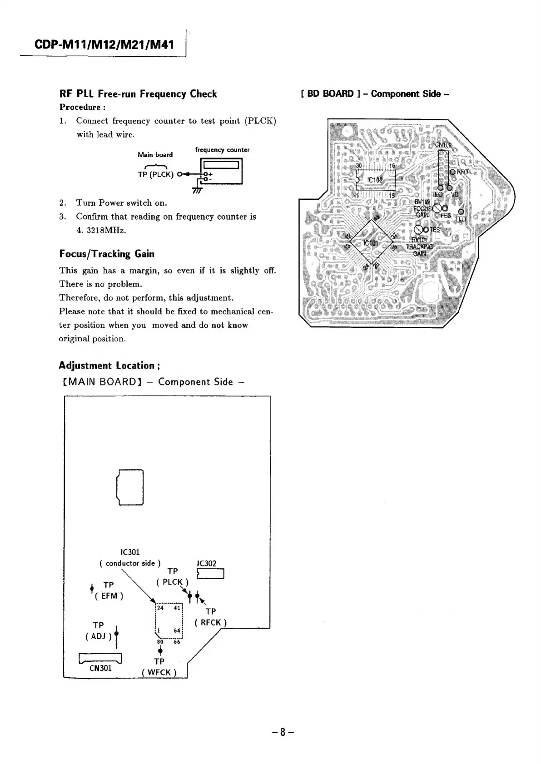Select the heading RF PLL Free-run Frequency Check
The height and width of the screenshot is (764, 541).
138,94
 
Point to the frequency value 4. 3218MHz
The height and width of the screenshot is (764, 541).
101,230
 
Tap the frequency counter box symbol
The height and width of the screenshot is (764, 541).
221,171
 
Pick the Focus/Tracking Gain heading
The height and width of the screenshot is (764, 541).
107,254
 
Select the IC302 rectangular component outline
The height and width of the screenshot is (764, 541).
210,574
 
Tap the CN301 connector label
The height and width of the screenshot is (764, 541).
100,668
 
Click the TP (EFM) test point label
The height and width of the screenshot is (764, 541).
109,590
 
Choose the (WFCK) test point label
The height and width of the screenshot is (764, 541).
159,672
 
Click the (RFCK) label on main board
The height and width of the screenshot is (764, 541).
210,622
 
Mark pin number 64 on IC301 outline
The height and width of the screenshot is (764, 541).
177,631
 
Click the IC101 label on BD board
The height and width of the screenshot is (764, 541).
371,243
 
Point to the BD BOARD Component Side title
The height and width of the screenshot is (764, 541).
375,94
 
